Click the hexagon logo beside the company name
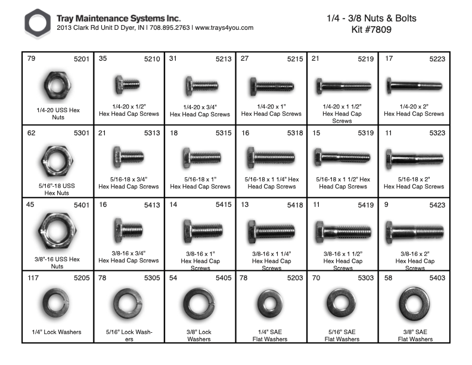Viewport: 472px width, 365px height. pos(38,24)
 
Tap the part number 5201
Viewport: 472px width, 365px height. pos(81,59)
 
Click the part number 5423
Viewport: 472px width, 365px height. pos(434,205)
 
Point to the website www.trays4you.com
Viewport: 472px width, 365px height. pos(225,28)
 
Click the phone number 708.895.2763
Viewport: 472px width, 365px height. pos(169,28)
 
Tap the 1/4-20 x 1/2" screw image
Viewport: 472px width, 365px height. pos(127,84)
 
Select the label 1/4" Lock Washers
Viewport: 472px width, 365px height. pos(57,332)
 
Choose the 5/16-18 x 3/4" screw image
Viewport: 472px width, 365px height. pos(128,157)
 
